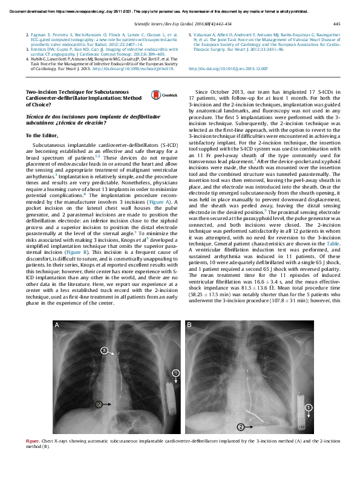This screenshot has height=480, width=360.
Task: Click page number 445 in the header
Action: coord(336,24)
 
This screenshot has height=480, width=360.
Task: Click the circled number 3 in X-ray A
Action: coord(103,350)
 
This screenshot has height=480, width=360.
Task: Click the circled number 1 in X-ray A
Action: coord(175,373)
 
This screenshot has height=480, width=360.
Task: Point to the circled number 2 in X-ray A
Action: coord(99,402)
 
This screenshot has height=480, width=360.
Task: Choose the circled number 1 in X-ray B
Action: coord(308,409)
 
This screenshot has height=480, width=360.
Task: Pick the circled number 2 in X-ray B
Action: coord(240,427)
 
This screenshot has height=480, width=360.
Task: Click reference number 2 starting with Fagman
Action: coord(28,36)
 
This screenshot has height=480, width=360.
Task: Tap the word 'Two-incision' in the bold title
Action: coord(40,91)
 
